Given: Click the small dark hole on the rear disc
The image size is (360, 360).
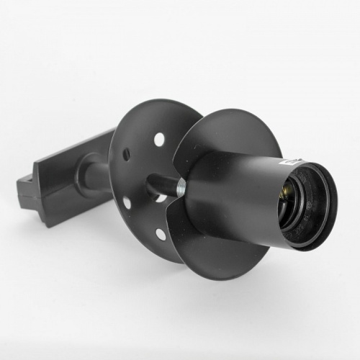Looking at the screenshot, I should click(x=127, y=154).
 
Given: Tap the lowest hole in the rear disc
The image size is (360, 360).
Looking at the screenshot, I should click(x=160, y=235).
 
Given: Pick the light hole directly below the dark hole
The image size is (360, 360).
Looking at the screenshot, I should click(x=127, y=202).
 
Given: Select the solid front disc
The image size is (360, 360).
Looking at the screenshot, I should click(x=209, y=144).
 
